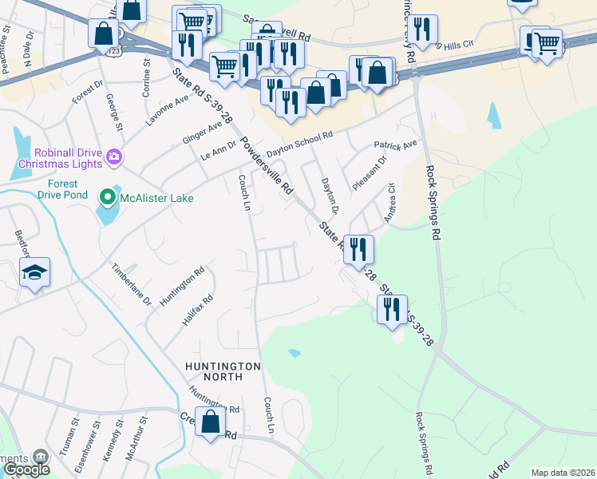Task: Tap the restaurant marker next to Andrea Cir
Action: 358,249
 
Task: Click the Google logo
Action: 26,469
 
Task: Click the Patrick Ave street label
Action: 396,146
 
